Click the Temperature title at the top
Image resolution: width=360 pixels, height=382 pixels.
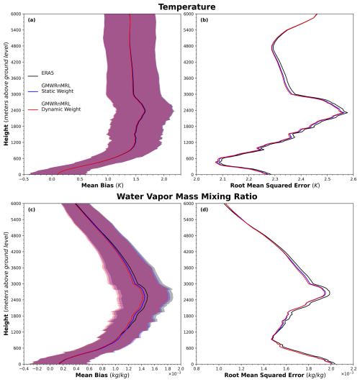[186, 6]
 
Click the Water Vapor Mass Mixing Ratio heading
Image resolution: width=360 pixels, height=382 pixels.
[186, 196]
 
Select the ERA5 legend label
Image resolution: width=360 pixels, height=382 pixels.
[48, 73]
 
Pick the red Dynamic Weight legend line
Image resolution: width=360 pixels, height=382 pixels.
[33, 109]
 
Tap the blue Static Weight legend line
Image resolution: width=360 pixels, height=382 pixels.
[33, 91]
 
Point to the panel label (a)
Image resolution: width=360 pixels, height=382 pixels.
[32, 20]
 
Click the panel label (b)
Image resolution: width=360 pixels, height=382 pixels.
[204, 20]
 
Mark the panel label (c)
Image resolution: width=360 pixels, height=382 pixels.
[32, 209]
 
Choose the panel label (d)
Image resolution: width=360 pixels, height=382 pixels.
[204, 209]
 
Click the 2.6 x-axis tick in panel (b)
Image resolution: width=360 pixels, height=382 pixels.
[353, 179]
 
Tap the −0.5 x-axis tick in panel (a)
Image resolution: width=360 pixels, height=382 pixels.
[24, 179]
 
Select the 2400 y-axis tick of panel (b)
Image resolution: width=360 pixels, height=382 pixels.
[189, 110]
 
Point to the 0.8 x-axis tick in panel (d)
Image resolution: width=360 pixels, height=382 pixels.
[197, 369]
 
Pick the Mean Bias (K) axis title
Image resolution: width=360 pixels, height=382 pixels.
[102, 186]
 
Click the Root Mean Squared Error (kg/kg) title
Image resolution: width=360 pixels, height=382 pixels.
[275, 376]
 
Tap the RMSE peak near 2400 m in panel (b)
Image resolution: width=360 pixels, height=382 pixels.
[347, 112]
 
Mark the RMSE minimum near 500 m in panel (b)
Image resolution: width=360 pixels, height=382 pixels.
[216, 162]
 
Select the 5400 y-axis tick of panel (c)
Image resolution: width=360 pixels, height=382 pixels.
[17, 219]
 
